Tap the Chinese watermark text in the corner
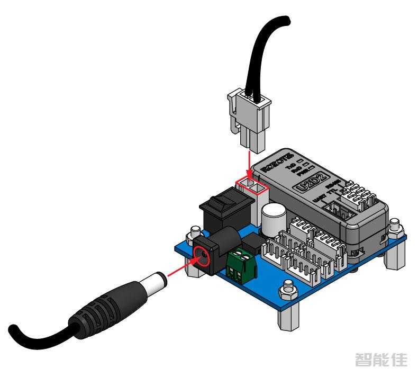(381, 360)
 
